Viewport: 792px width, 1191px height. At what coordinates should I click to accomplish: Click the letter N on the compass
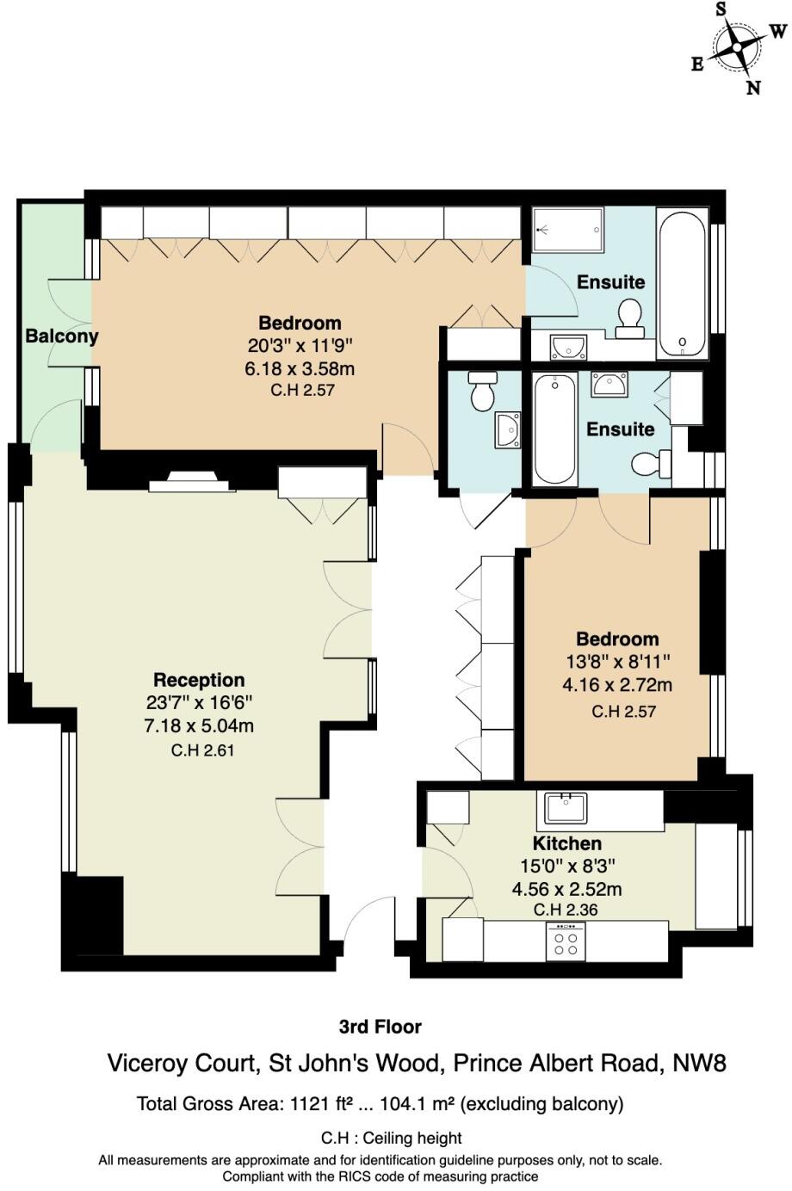(x=753, y=87)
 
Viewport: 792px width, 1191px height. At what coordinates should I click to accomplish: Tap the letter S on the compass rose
(x=721, y=9)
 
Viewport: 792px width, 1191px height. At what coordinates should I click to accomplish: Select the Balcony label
(x=61, y=336)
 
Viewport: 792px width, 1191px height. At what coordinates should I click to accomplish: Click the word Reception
(x=199, y=680)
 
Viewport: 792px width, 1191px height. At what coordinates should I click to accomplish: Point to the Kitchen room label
(x=566, y=843)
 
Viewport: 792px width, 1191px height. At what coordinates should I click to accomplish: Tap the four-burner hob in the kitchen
(x=566, y=941)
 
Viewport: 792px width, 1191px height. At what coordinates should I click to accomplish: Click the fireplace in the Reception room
(x=192, y=483)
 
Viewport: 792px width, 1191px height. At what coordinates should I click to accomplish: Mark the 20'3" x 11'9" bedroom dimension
(x=300, y=346)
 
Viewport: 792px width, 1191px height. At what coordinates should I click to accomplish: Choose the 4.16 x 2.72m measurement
(x=617, y=686)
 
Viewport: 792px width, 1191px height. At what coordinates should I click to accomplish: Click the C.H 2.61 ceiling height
(x=202, y=750)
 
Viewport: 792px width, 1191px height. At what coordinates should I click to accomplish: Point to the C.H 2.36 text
(x=566, y=910)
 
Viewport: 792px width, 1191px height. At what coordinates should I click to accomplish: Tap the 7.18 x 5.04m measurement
(x=199, y=726)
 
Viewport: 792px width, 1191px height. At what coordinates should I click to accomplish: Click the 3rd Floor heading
(x=380, y=1027)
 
